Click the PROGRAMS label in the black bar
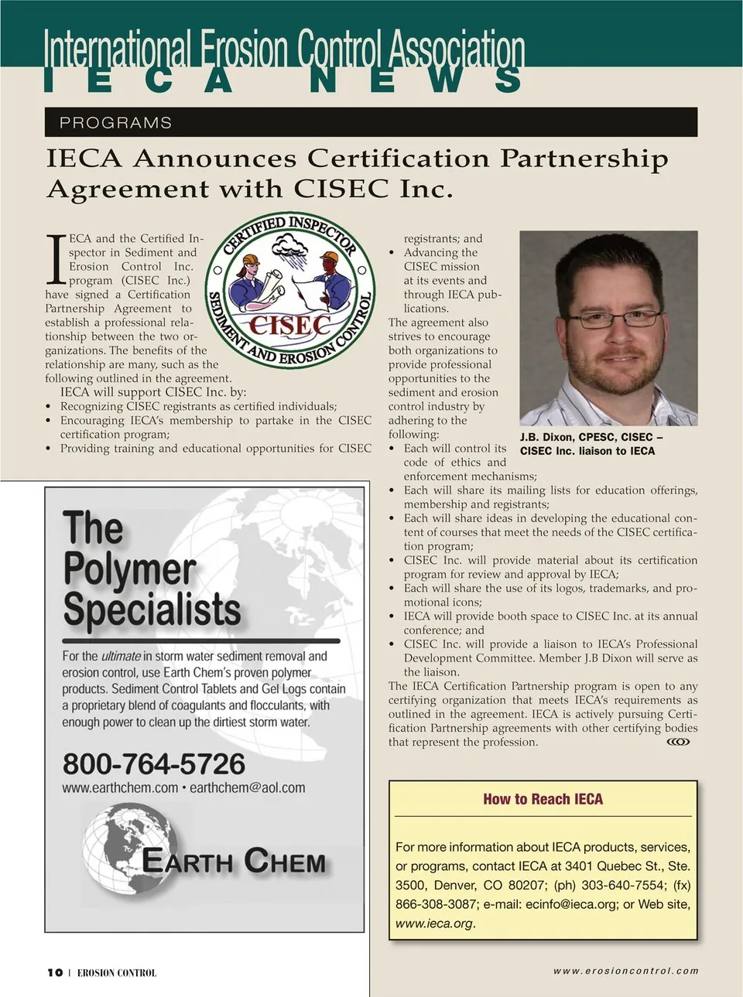[x=115, y=122]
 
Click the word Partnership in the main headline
[x=584, y=158]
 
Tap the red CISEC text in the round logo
[x=290, y=325]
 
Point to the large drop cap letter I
[x=56, y=259]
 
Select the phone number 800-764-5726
[x=154, y=763]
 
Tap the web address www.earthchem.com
[x=120, y=787]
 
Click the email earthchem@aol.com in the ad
[x=247, y=787]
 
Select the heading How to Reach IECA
[x=543, y=799]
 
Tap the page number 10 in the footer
[x=54, y=972]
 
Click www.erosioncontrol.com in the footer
[x=625, y=971]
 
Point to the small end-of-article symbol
[x=678, y=742]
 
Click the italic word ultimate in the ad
[x=121, y=656]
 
